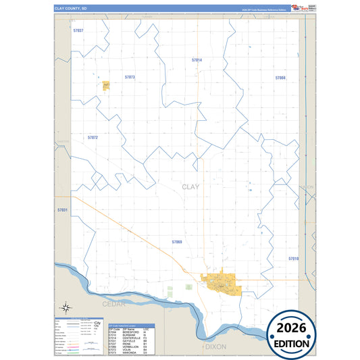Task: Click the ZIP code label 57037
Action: [x=78, y=31]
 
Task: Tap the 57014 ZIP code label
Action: [x=197, y=60]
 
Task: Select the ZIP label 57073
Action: [x=130, y=77]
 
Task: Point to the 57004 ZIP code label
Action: [x=280, y=78]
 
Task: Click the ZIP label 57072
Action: [x=93, y=137]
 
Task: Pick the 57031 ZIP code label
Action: [x=63, y=210]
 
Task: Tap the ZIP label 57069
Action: [x=177, y=241]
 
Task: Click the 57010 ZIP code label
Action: [x=293, y=259]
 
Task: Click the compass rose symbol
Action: [x=66, y=307]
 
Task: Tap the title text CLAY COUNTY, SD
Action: [x=71, y=8]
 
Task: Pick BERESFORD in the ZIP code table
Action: [x=132, y=331]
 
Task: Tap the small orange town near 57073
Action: [x=106, y=86]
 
